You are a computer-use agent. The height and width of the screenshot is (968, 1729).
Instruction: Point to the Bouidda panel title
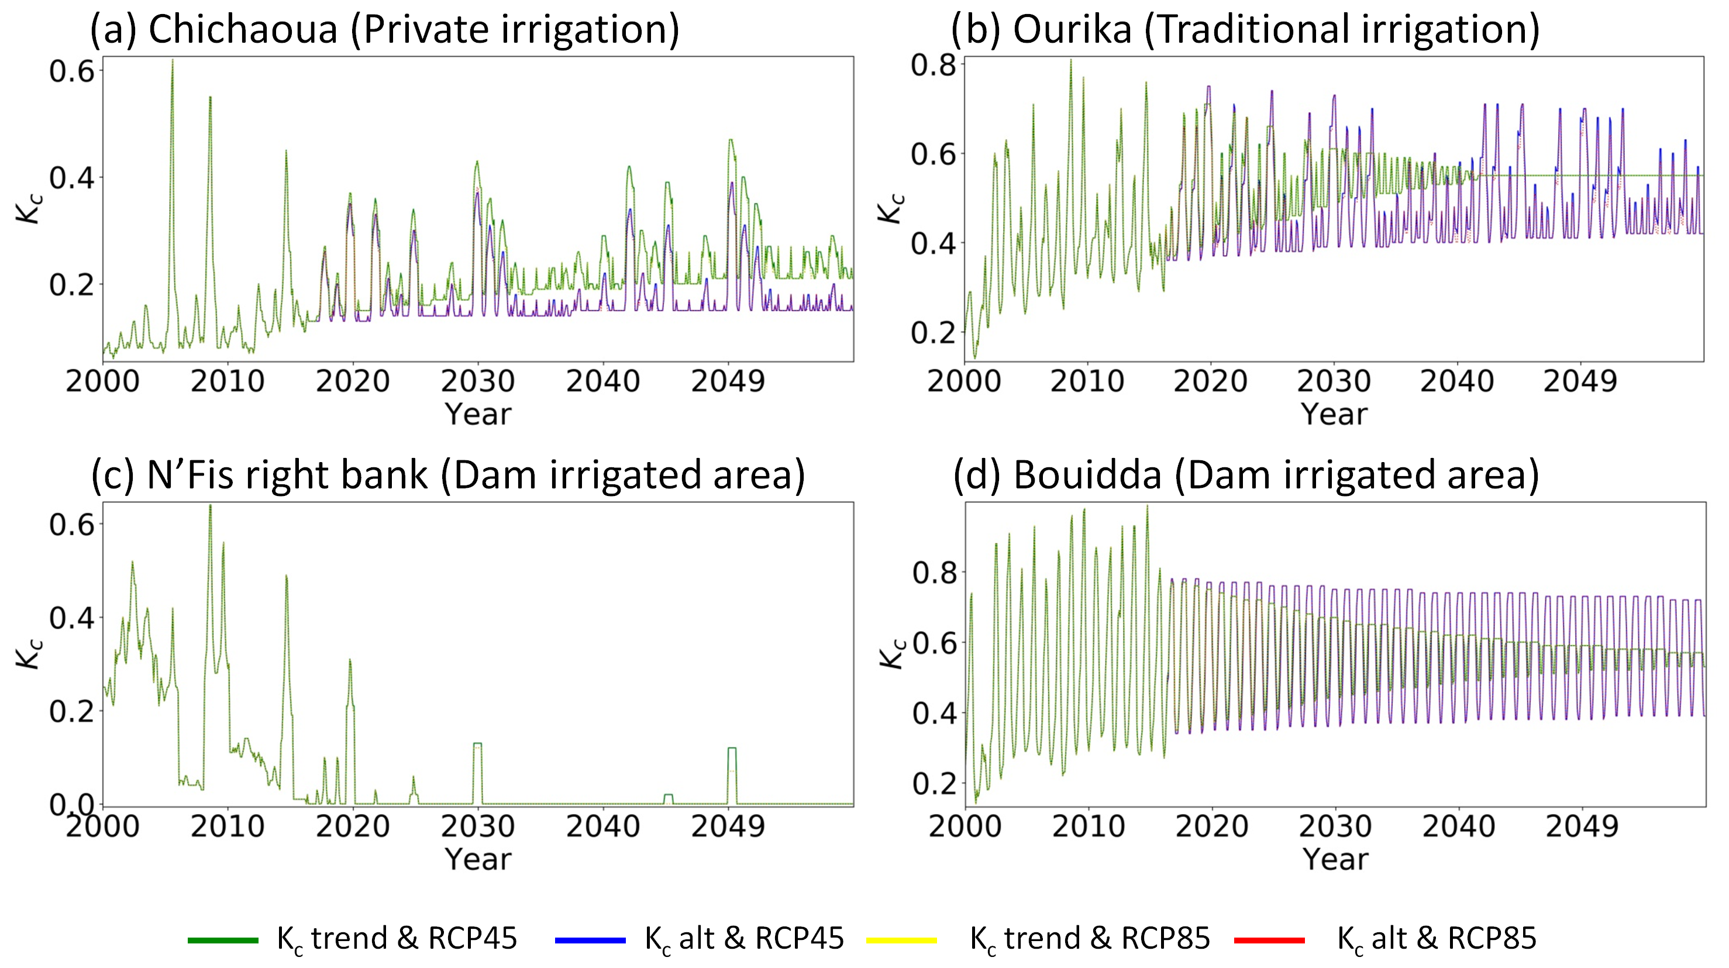[x=1246, y=476]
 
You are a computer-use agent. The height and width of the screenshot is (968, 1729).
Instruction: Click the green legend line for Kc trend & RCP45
[x=223, y=940]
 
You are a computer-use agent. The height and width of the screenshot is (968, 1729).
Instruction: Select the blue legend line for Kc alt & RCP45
[x=590, y=940]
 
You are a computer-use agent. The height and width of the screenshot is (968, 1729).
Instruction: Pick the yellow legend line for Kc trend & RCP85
[x=901, y=940]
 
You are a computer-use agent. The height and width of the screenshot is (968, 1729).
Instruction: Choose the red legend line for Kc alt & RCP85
[x=1269, y=940]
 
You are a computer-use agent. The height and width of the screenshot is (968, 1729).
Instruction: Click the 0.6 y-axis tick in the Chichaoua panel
[x=72, y=71]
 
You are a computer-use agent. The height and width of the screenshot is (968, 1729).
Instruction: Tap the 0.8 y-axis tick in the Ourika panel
[x=933, y=65]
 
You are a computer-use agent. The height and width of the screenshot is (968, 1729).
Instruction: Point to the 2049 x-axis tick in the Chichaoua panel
[x=728, y=381]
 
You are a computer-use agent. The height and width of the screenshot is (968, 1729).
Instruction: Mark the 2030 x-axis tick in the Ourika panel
[x=1334, y=381]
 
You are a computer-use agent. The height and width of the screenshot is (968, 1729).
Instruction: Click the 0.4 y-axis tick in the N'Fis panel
[x=72, y=618]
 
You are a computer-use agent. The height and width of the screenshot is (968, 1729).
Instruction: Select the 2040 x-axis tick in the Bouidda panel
[x=1459, y=826]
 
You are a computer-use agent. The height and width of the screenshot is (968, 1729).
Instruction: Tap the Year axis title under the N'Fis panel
[x=478, y=859]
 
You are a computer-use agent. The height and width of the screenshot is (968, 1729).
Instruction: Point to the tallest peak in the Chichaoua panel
[x=173, y=60]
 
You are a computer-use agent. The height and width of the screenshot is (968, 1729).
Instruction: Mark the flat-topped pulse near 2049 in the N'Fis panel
[x=732, y=749]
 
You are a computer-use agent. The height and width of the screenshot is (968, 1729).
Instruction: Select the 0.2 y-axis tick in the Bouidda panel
[x=934, y=783]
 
